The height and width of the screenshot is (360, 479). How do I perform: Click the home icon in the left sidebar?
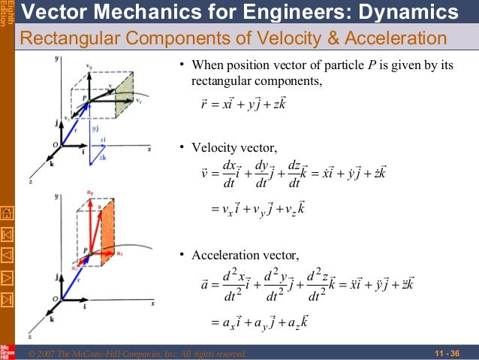7,214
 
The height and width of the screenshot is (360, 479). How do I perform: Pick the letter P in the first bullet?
392,65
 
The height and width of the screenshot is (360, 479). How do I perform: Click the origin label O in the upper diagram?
53,144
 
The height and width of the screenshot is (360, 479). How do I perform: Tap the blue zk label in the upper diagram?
102,157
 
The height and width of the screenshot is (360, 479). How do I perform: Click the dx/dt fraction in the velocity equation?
230,172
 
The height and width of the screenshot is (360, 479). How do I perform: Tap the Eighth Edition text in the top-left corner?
7,13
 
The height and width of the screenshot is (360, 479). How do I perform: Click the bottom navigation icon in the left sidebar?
7,301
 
